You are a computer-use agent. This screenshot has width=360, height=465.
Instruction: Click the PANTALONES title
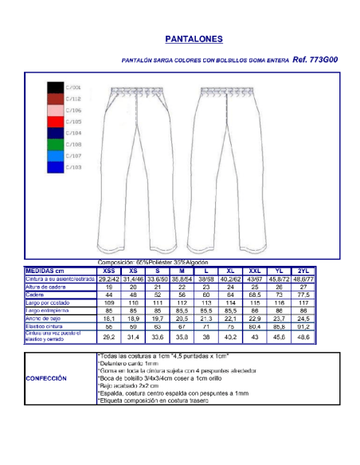click(x=193, y=38)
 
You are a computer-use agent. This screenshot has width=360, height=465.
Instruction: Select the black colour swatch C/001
click(x=55, y=87)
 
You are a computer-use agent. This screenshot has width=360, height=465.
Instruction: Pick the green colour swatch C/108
click(x=55, y=145)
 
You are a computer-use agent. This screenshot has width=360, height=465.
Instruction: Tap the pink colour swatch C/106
click(x=55, y=110)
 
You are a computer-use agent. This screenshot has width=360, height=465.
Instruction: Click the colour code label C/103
click(x=73, y=168)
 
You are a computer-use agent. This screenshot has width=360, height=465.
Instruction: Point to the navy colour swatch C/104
click(x=55, y=133)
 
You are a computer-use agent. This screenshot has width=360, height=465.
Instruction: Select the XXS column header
click(x=108, y=271)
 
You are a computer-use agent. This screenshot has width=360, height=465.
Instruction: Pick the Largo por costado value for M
click(x=182, y=303)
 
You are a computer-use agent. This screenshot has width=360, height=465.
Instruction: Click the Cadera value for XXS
click(x=108, y=295)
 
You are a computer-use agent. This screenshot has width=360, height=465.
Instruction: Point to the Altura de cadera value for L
click(x=206, y=287)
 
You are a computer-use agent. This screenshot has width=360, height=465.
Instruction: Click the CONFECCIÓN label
click(x=46, y=378)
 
